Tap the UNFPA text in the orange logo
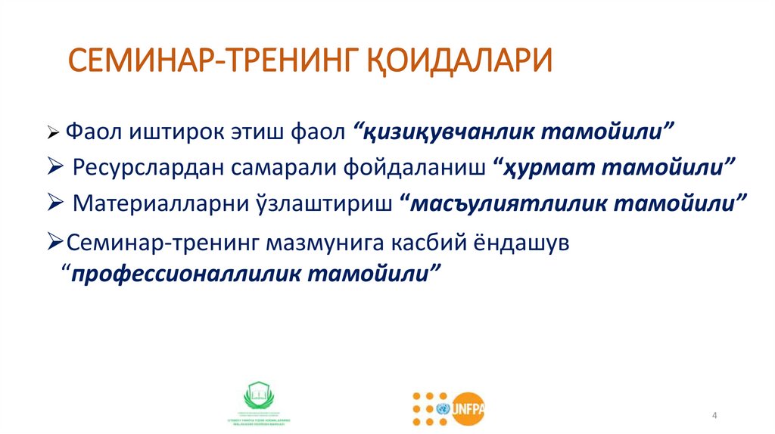click(468, 409)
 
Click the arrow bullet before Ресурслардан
click(54, 167)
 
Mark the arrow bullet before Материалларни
click(54, 203)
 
